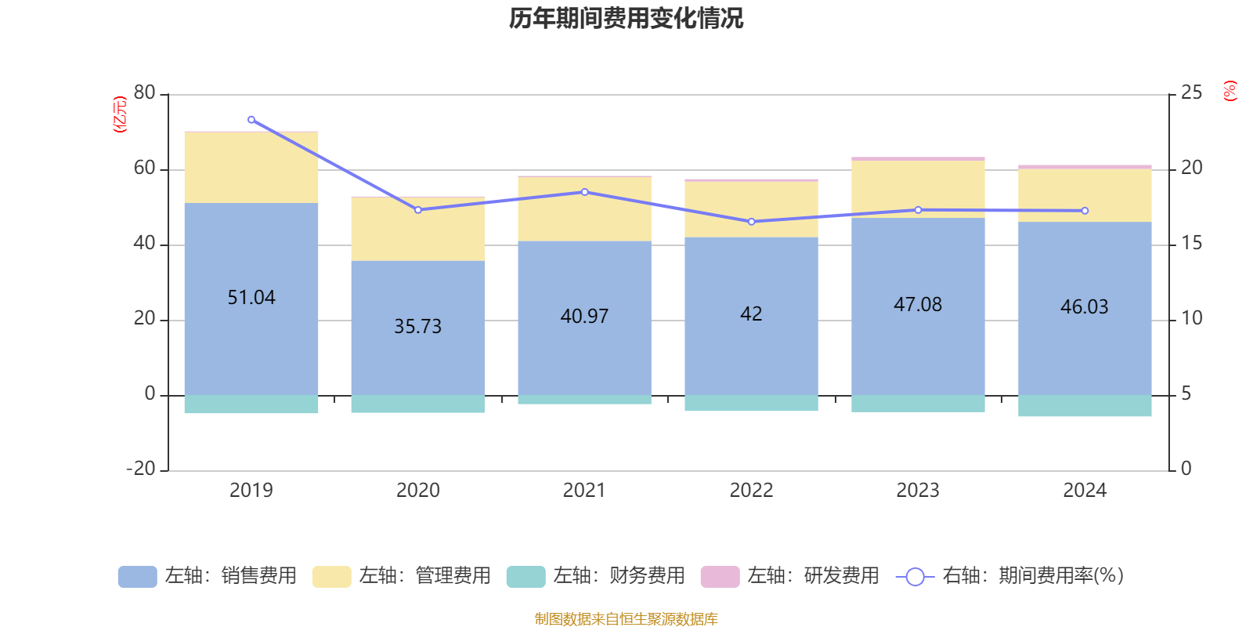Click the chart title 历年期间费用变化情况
click(626, 18)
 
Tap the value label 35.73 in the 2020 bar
click(417, 326)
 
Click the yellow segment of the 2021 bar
click(584, 208)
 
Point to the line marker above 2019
click(251, 120)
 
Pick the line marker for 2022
click(752, 222)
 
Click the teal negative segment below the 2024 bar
click(1085, 406)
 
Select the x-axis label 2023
click(918, 491)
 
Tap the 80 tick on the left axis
click(145, 92)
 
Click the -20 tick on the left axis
click(142, 469)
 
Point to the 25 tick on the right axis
click(1190, 92)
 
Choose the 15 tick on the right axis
click(1190, 243)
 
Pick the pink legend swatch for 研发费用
click(720, 576)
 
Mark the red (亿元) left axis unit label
click(120, 114)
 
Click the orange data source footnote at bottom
click(626, 619)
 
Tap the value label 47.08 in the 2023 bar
click(918, 304)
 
